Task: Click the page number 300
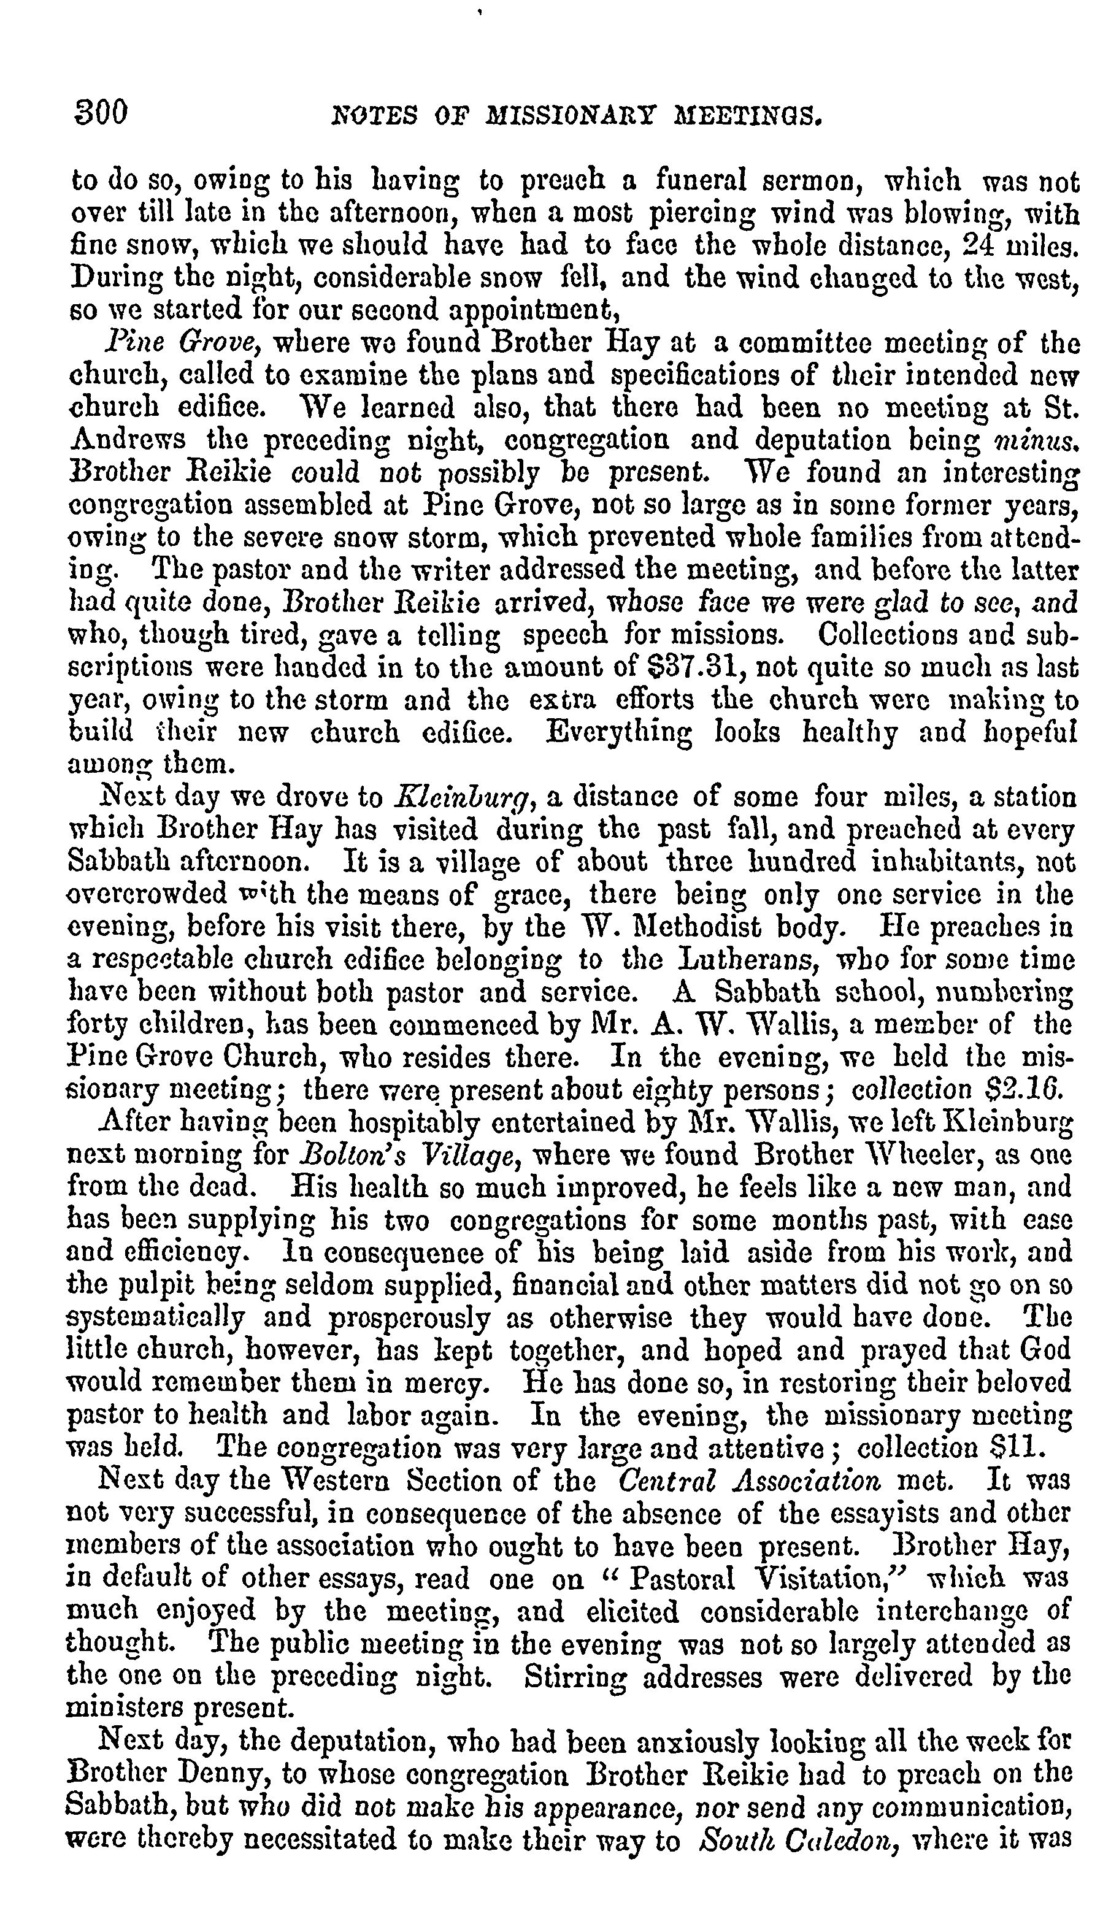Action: pyautogui.click(x=100, y=113)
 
